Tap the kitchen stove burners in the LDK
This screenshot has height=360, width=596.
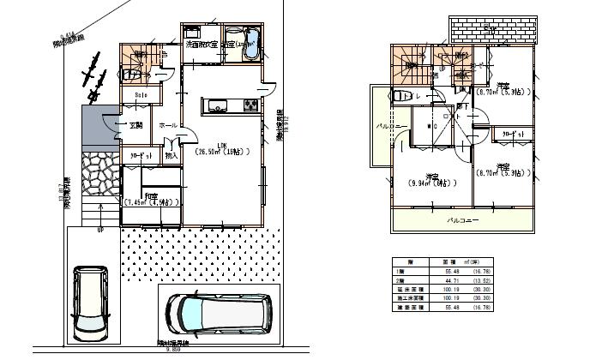pyautogui.click(x=249, y=106)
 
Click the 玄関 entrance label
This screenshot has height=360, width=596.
pyautogui.click(x=135, y=126)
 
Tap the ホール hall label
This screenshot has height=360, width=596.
pyautogui.click(x=168, y=125)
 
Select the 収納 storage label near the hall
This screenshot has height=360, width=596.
pyautogui.click(x=171, y=156)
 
